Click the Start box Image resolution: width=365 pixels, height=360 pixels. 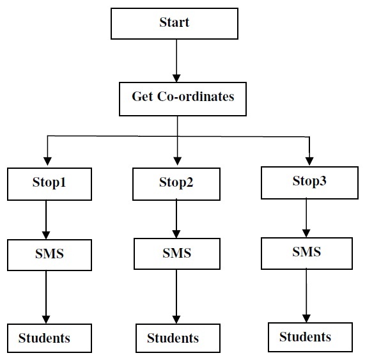(x=175, y=24)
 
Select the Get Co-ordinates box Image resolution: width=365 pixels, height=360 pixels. (x=183, y=99)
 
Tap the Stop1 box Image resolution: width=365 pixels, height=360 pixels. (x=49, y=184)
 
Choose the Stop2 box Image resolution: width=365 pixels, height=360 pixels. (x=176, y=184)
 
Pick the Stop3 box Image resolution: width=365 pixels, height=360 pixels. (x=309, y=183)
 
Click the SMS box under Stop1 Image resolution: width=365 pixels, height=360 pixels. (x=49, y=255)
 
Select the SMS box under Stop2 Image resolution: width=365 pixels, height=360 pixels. (x=177, y=254)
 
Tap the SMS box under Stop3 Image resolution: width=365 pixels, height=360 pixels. (x=307, y=253)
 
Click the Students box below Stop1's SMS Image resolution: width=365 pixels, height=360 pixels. (x=49, y=338)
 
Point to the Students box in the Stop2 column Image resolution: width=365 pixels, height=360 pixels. (x=178, y=338)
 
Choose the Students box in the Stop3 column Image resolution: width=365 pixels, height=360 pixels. (x=310, y=337)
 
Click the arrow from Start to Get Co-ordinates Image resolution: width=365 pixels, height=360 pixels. (x=176, y=61)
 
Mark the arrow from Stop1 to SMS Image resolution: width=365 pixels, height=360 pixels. (x=46, y=220)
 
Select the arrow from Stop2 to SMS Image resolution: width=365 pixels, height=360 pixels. (x=176, y=219)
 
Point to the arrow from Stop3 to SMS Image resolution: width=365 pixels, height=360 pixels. (x=306, y=217)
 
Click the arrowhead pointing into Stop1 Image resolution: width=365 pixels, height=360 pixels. (x=47, y=161)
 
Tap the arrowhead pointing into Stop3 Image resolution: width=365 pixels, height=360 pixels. (x=309, y=161)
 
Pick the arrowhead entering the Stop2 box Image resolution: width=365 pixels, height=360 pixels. (x=177, y=161)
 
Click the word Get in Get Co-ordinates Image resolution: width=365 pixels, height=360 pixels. (x=143, y=97)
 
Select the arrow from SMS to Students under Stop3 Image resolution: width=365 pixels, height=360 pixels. (x=306, y=295)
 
